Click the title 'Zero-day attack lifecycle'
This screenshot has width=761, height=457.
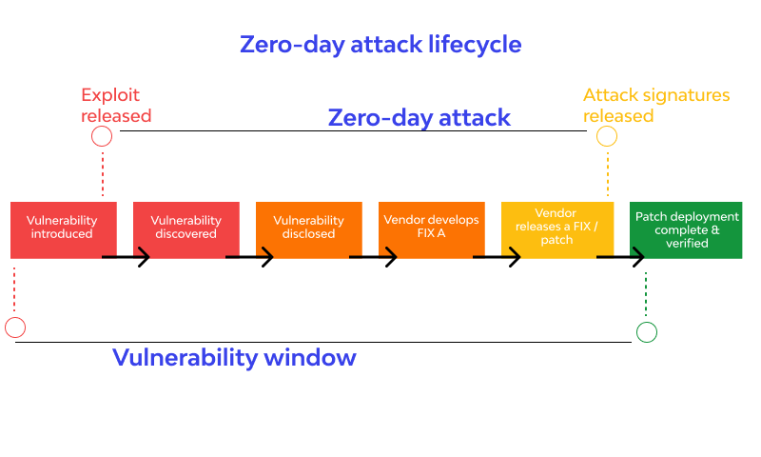coord(380,45)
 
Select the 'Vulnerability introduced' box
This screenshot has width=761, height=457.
coord(64,229)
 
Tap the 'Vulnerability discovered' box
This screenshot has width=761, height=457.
coord(186,229)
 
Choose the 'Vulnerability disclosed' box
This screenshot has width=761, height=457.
coord(309,229)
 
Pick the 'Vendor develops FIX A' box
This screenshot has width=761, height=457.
coord(432,229)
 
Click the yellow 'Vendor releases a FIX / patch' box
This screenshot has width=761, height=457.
coord(557,229)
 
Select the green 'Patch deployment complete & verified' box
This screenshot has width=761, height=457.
coord(686,229)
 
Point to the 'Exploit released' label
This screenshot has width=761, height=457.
coord(116,106)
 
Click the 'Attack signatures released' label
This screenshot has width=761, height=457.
coord(656,106)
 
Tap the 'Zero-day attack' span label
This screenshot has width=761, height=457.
coord(420,117)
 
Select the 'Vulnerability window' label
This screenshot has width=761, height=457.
coord(234,358)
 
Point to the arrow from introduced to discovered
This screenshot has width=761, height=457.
coord(126,257)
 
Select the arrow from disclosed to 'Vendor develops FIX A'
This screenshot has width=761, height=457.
coord(373,257)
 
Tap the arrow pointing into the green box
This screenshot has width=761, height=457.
coord(621,257)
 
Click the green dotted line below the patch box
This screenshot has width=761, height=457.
coord(646,294)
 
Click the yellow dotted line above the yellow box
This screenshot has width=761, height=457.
coord(608,174)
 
